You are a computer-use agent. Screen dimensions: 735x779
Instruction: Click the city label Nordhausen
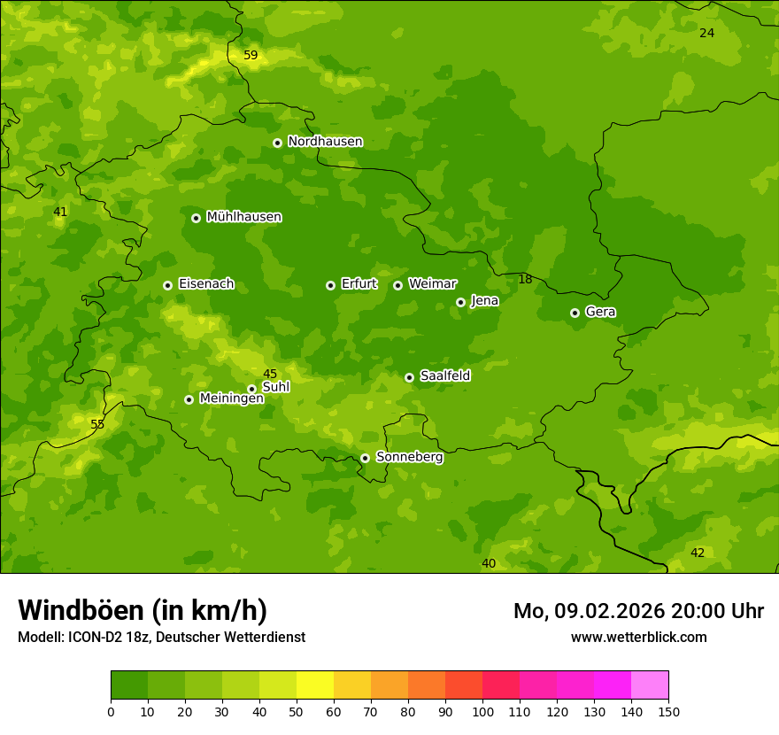(x=325, y=142)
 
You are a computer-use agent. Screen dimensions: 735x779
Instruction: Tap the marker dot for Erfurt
(x=330, y=285)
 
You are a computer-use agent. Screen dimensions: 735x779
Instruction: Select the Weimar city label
(x=432, y=284)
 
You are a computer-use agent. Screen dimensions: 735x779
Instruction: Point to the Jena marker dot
(x=460, y=302)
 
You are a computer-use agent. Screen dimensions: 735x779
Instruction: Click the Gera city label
(x=600, y=312)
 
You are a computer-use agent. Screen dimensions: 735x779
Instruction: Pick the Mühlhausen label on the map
(x=243, y=217)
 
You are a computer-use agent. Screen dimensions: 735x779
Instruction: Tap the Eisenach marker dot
(x=167, y=285)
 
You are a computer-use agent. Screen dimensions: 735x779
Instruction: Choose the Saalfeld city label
(x=444, y=376)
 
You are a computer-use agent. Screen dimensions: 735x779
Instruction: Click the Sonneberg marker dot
(x=365, y=458)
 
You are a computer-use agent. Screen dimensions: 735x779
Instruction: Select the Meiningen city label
(x=231, y=398)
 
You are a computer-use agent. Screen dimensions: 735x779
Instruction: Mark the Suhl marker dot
(x=251, y=389)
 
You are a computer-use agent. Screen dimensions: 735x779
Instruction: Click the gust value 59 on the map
(x=251, y=56)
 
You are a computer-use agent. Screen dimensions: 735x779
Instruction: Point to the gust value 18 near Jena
(x=525, y=280)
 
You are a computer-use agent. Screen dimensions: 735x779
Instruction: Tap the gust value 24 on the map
(x=706, y=34)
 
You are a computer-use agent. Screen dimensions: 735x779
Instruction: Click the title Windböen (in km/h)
(x=143, y=610)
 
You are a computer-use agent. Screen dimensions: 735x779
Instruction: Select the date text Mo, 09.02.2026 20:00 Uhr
(x=638, y=611)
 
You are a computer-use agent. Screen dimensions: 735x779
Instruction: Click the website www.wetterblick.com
(x=638, y=638)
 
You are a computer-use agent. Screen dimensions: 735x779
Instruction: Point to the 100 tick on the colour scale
(x=482, y=711)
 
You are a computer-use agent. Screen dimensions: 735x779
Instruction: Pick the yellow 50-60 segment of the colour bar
(x=315, y=685)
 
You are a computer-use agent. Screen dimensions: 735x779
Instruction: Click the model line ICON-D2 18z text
(x=161, y=638)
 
